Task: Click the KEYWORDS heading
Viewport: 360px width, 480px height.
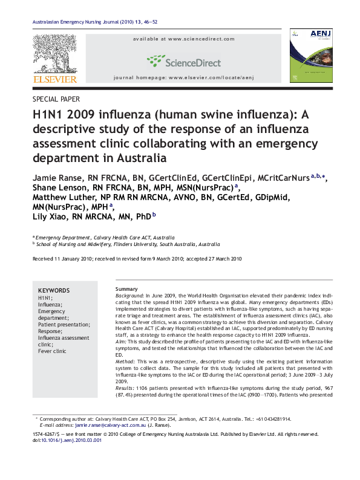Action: [x=53, y=290]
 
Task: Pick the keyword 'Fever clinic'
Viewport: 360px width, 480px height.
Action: [x=52, y=351]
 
